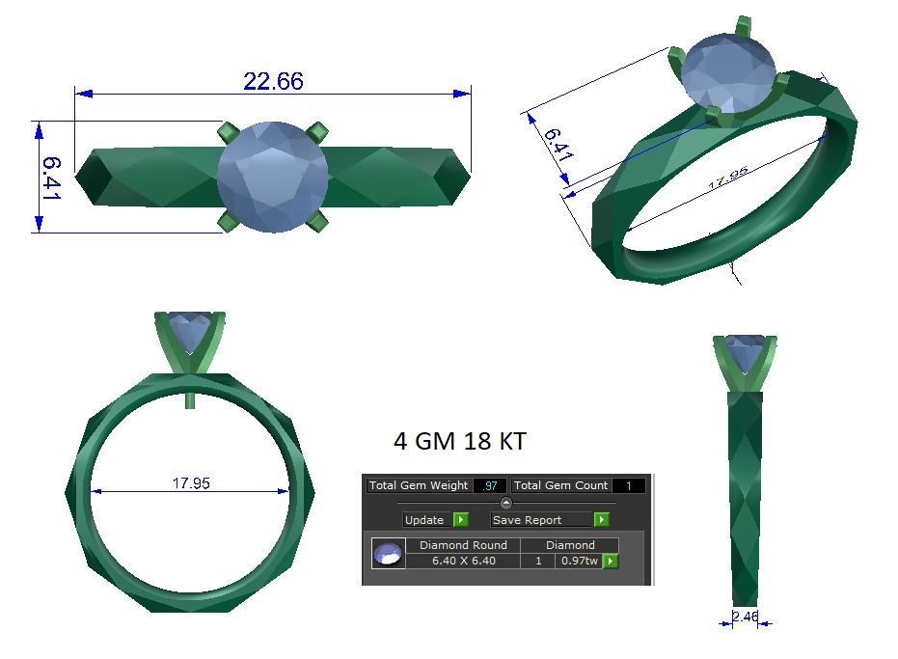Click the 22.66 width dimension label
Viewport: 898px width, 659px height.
coord(273,81)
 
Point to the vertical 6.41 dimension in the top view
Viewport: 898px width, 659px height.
coord(50,178)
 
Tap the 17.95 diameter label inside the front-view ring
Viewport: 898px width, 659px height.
coord(191,482)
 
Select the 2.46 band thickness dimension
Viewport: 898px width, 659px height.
coord(745,617)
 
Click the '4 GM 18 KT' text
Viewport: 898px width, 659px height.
coord(460,441)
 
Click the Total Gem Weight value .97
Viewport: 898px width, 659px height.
coord(490,485)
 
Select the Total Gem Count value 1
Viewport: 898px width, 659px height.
coord(628,485)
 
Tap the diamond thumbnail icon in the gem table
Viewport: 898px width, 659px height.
coord(388,554)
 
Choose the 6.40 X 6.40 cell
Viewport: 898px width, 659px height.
coord(463,561)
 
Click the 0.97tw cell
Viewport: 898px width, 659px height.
coord(578,561)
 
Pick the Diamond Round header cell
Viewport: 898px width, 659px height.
coord(463,545)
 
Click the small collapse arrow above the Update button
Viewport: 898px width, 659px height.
coord(506,503)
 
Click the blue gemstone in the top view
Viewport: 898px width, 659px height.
coord(272,177)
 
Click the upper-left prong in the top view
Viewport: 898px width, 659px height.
coord(228,131)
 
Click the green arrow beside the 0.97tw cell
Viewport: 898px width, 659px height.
coord(611,561)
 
